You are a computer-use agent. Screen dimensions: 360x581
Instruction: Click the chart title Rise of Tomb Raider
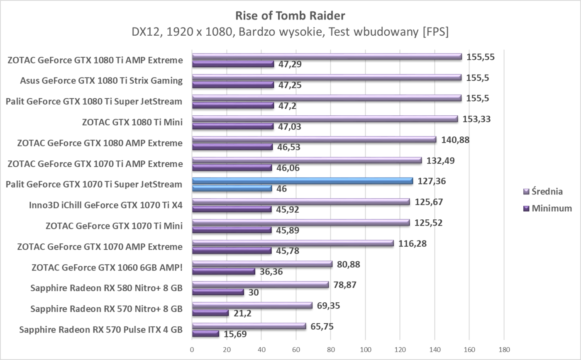coord(290,16)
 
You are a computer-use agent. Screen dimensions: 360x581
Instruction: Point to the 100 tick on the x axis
coord(365,350)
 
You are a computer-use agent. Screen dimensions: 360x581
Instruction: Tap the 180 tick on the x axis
coord(504,350)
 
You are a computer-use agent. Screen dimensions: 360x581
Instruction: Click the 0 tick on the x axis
coord(192,350)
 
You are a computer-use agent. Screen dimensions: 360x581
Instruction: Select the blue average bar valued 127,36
coord(303,181)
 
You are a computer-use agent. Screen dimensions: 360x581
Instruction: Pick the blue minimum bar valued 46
coord(232,188)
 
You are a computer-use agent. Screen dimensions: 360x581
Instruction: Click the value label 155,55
coord(481,57)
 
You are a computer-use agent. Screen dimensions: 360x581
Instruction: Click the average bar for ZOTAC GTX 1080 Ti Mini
coord(325,119)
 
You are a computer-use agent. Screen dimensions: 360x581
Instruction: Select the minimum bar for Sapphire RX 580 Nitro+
coord(218,292)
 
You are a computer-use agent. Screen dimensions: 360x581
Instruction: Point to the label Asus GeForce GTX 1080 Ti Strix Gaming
coord(101,80)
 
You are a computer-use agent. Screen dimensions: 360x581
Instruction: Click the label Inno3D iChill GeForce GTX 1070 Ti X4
coord(105,205)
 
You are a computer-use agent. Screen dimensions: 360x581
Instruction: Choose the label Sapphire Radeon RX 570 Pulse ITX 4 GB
coord(101,330)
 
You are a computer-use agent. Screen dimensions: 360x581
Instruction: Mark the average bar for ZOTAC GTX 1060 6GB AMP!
coord(262,264)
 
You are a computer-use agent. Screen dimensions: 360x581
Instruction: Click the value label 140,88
coord(455,140)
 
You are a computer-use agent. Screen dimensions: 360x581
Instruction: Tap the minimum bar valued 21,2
coord(210,313)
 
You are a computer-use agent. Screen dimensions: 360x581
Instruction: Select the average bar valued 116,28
coord(293,243)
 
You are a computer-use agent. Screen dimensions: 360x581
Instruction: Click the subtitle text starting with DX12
coord(290,32)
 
